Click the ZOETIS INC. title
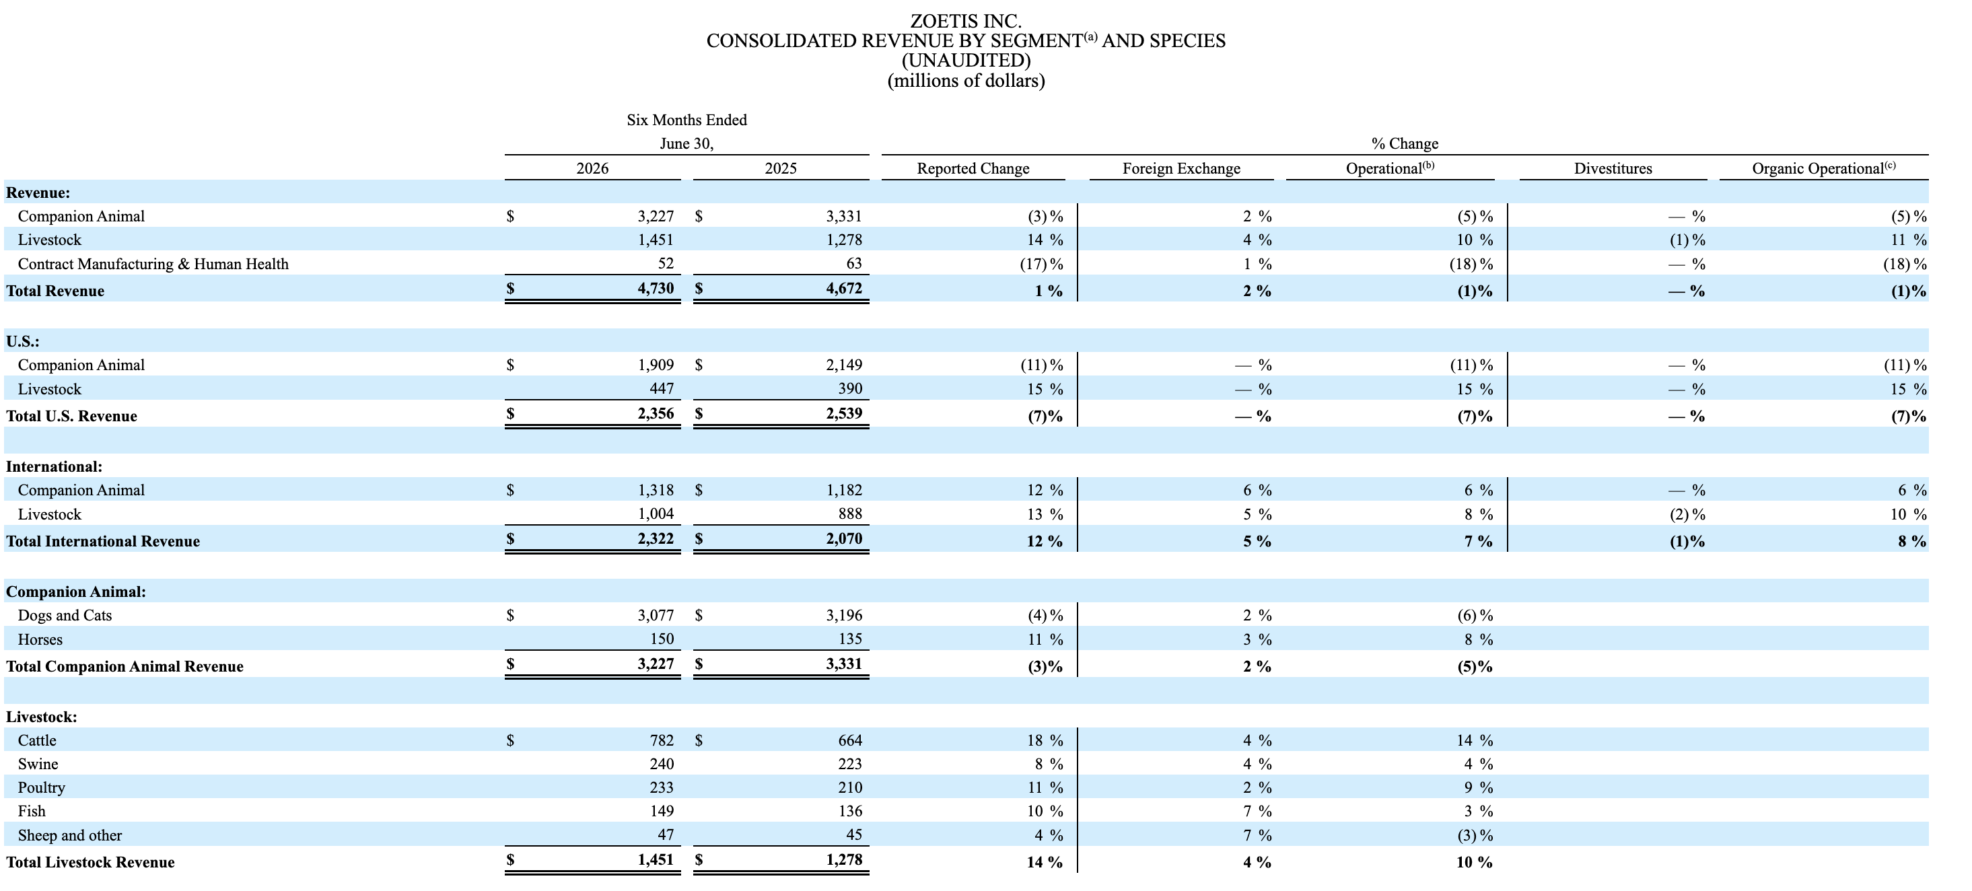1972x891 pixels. (x=965, y=21)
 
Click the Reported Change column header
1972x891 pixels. (x=973, y=168)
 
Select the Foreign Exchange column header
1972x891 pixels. (x=1181, y=168)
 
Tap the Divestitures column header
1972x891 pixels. (x=1613, y=168)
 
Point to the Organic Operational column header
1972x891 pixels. (x=1823, y=168)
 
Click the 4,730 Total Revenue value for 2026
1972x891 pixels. (x=656, y=289)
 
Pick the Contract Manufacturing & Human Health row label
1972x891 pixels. (x=153, y=264)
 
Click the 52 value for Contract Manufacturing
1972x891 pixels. (x=666, y=263)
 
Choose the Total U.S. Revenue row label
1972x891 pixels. (x=71, y=417)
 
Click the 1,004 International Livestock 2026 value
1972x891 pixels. (x=656, y=513)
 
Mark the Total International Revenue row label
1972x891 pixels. (x=102, y=541)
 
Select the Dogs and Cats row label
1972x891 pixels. (x=65, y=616)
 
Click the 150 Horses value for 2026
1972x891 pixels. (x=662, y=639)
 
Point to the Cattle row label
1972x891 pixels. (x=37, y=740)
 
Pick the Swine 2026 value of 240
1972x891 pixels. (x=662, y=764)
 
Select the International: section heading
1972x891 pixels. (x=55, y=466)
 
